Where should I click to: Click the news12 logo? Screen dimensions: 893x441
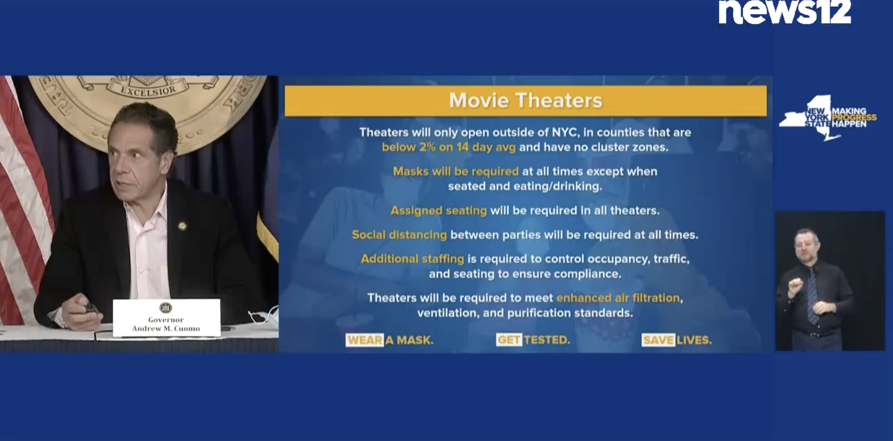tap(785, 12)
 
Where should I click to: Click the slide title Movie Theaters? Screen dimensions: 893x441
tap(526, 100)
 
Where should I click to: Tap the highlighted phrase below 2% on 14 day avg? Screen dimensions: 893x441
tap(449, 147)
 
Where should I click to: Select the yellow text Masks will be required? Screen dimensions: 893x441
tap(456, 171)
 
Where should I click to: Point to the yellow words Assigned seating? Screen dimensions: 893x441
tap(439, 210)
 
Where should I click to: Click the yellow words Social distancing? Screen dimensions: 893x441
tap(399, 235)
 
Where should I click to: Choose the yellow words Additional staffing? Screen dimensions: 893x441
tap(412, 259)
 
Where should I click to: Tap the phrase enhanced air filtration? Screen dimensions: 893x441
tap(618, 298)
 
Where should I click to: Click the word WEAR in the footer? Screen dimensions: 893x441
tap(364, 340)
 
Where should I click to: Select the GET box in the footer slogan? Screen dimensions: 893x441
tap(509, 340)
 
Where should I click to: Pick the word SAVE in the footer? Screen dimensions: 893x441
tap(658, 340)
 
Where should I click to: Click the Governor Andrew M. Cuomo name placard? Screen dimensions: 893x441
tap(167, 317)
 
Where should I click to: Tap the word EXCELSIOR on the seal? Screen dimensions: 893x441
tap(148, 90)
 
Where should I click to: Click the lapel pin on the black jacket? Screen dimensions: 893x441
tap(182, 226)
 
